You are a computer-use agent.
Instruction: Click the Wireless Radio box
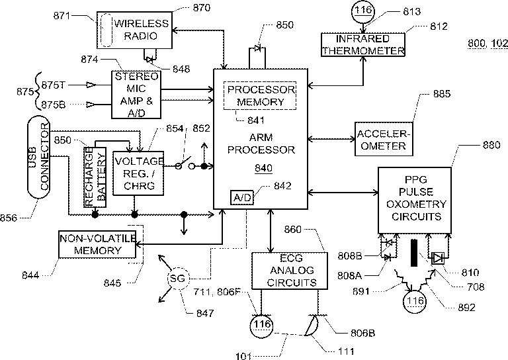pyautogui.click(x=134, y=30)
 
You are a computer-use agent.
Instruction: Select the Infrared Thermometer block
pyautogui.click(x=363, y=45)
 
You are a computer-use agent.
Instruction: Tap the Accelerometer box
pyautogui.click(x=384, y=139)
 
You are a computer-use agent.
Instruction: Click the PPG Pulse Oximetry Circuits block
pyautogui.click(x=415, y=201)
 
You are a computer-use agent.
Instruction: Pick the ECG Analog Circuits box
pyautogui.click(x=290, y=271)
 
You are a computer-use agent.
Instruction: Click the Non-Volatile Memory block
pyautogui.click(x=97, y=244)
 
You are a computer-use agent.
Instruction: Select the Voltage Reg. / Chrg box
pyautogui.click(x=138, y=173)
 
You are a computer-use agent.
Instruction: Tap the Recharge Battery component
pyautogui.click(x=95, y=177)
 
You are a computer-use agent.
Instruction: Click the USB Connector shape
pyautogui.click(x=38, y=157)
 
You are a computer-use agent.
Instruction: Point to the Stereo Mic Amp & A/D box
pyautogui.click(x=136, y=94)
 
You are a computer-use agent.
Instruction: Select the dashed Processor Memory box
pyautogui.click(x=260, y=95)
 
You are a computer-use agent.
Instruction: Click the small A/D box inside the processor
pyautogui.click(x=242, y=197)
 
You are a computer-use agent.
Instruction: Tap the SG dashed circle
pyautogui.click(x=177, y=279)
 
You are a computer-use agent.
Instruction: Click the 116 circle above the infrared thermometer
pyautogui.click(x=363, y=11)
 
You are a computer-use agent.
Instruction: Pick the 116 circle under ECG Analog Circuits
pyautogui.click(x=261, y=325)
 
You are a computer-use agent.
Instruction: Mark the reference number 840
pyautogui.click(x=263, y=168)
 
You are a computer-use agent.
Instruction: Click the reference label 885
pyautogui.click(x=442, y=94)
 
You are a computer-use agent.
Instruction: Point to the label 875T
pyautogui.click(x=54, y=85)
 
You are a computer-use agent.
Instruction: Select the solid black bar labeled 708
pyautogui.click(x=414, y=253)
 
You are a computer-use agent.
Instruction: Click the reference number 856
pyautogui.click(x=9, y=218)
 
